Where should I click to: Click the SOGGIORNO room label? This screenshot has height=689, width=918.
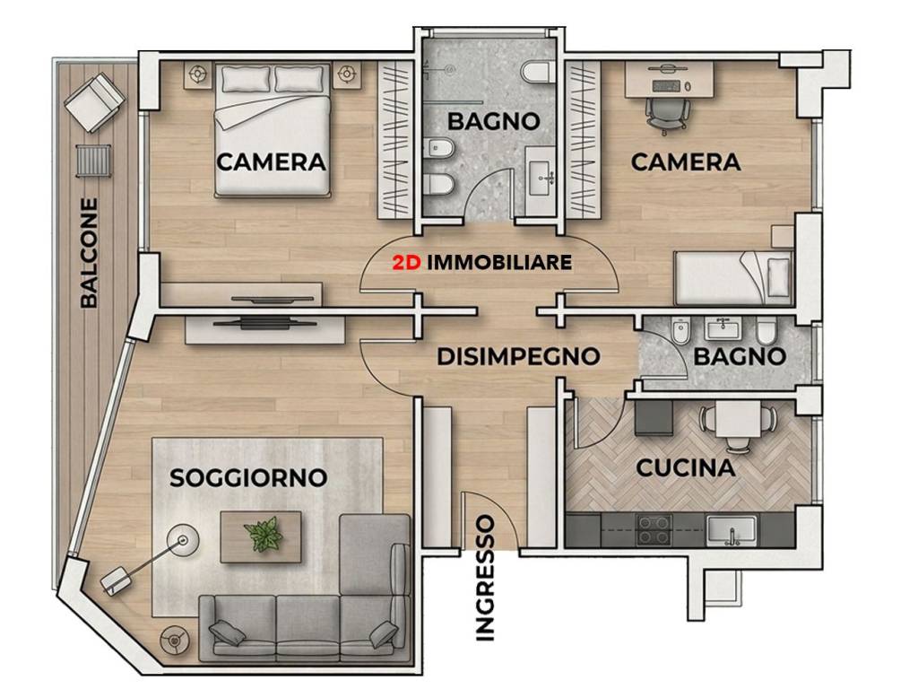(x=248, y=477)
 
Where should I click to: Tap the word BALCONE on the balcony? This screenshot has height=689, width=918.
(x=89, y=252)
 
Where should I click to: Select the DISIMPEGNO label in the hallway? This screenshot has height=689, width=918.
(x=519, y=356)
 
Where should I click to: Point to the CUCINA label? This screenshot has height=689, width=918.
(x=686, y=467)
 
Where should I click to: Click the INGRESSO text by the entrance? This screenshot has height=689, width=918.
(x=485, y=578)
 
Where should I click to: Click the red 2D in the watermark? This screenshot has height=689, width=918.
(x=406, y=263)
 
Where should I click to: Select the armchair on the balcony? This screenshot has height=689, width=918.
(x=94, y=102)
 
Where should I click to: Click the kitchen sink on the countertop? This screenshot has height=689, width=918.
(x=732, y=529)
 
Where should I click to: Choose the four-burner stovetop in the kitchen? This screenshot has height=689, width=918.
(x=654, y=529)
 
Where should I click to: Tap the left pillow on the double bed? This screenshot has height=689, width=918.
(x=246, y=79)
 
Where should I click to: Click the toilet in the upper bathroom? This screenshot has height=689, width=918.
(x=536, y=71)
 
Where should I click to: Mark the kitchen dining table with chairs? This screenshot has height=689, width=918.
(x=739, y=418)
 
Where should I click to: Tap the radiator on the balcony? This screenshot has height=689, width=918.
(x=93, y=160)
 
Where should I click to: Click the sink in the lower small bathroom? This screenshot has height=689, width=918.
(x=724, y=328)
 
